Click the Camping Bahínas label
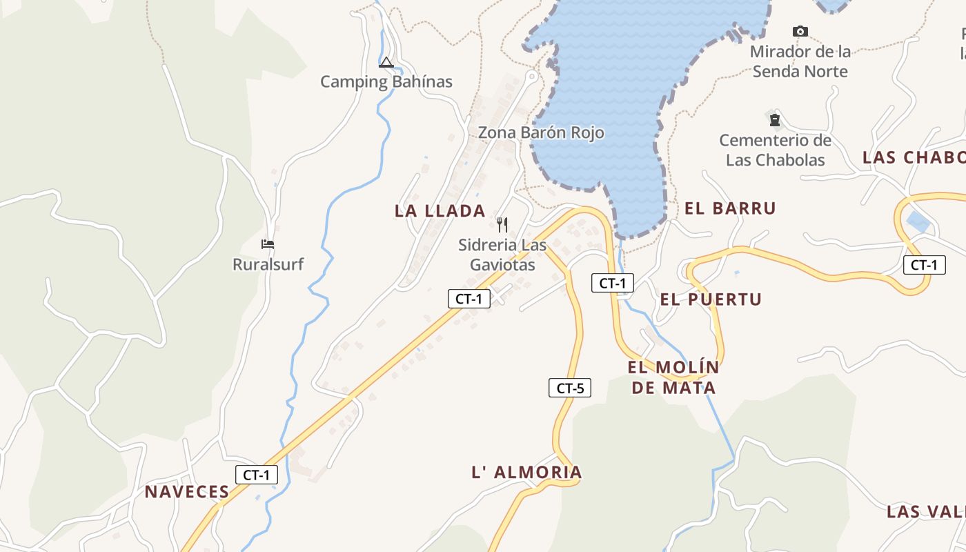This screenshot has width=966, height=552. click(386, 82)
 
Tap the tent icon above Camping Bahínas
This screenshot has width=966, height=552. click(386, 63)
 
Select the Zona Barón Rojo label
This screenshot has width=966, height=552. click(541, 132)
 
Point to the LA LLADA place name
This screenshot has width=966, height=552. click(440, 211)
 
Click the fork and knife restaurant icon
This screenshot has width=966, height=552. click(502, 224)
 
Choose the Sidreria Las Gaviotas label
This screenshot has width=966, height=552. click(502, 255)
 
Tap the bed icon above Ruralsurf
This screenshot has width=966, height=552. click(268, 244)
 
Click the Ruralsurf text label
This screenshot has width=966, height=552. click(268, 264)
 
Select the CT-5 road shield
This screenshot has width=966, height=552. click(570, 388)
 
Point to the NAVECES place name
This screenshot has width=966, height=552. click(186, 492)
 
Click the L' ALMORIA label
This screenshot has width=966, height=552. click(526, 473)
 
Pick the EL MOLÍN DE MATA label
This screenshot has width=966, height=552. click(673, 377)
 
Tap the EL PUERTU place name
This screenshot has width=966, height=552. click(711, 299)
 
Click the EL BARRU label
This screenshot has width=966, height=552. click(730, 208)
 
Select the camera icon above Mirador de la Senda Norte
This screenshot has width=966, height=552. click(800, 31)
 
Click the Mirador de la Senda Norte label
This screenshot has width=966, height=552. click(800, 61)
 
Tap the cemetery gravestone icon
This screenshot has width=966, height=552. click(775, 120)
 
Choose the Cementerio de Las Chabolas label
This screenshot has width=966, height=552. click(776, 150)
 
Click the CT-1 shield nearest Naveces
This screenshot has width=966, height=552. click(257, 475)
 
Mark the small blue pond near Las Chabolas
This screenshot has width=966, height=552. click(917, 221)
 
